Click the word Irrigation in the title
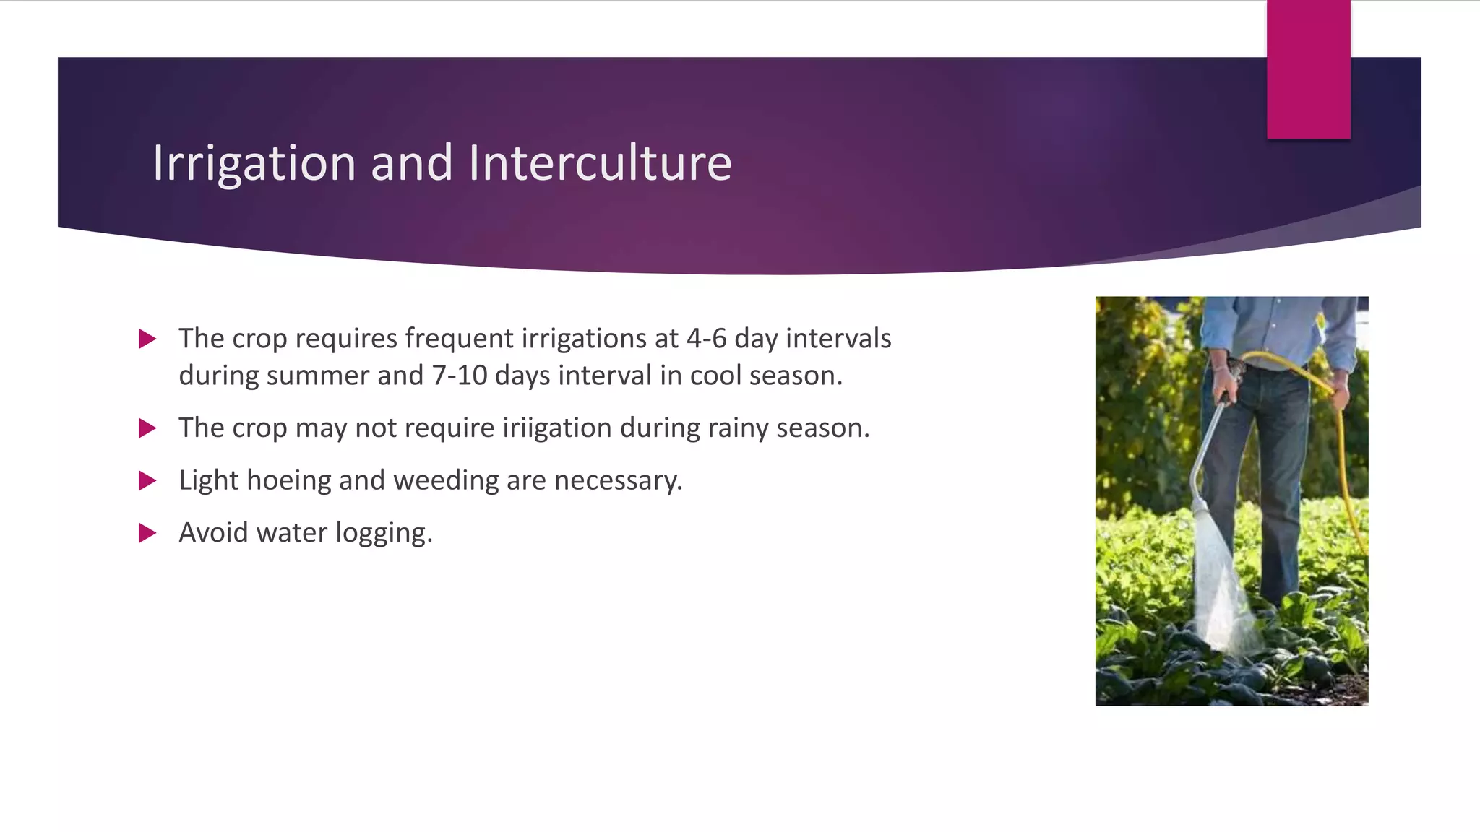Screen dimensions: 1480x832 [x=254, y=164]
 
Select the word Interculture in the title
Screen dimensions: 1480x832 [x=600, y=162]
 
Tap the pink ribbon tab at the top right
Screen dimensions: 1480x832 [x=1308, y=69]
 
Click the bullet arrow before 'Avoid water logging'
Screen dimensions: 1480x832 [x=147, y=533]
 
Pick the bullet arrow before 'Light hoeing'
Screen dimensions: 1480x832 [x=147, y=480]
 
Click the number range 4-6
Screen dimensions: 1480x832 [x=706, y=339]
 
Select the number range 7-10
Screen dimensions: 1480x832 [x=460, y=376]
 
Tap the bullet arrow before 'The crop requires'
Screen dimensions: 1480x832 [x=147, y=339]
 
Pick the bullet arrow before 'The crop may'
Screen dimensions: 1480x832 [x=147, y=428]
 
